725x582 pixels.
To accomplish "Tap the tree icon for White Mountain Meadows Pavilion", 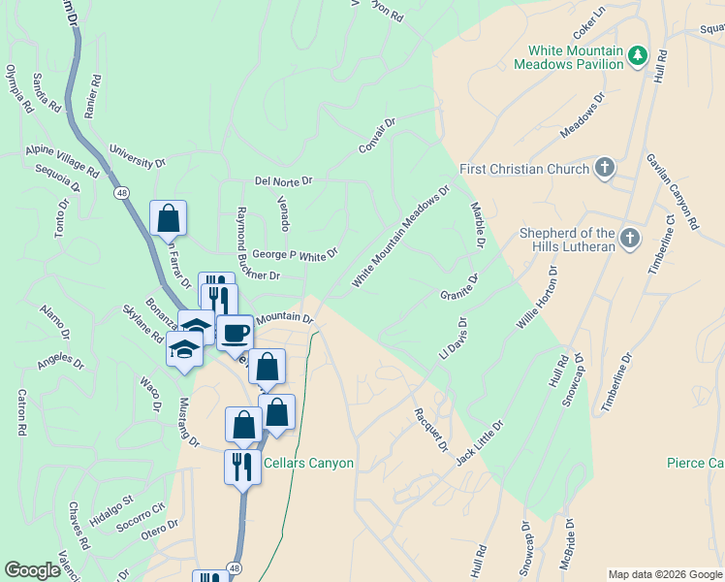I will (x=637, y=57).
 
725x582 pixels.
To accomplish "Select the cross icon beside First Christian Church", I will (x=604, y=169).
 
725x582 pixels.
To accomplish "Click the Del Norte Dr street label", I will (x=283, y=180).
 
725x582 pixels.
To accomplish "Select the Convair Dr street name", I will (x=377, y=137).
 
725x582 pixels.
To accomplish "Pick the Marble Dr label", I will (x=478, y=224).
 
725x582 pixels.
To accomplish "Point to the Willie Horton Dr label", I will (x=537, y=304).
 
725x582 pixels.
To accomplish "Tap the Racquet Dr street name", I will (x=430, y=428).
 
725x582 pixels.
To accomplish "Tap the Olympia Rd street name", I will (x=19, y=89).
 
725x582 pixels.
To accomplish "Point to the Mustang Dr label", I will (x=188, y=423).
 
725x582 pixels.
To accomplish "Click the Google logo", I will (x=32, y=570).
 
